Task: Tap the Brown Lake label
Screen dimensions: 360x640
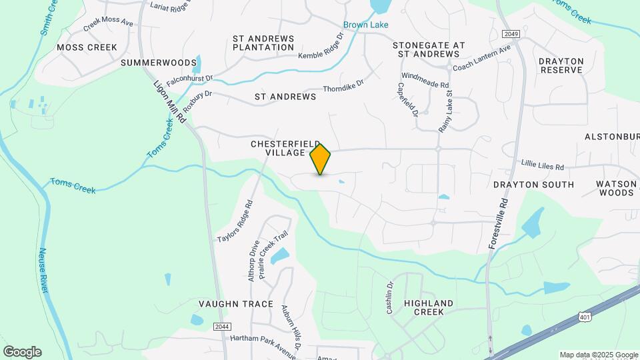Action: coord(366,25)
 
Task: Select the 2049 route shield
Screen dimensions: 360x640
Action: coord(511,33)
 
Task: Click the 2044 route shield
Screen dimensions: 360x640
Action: coord(223,326)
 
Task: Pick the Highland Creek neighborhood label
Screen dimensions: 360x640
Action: coord(429,307)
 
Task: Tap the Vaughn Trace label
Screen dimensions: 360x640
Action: coord(236,304)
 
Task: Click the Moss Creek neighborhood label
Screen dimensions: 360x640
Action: coord(87,47)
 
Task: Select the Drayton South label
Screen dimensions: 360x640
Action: coord(533,184)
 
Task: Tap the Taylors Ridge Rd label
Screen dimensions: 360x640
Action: coord(235,221)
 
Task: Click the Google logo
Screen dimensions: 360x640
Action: coord(22,351)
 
